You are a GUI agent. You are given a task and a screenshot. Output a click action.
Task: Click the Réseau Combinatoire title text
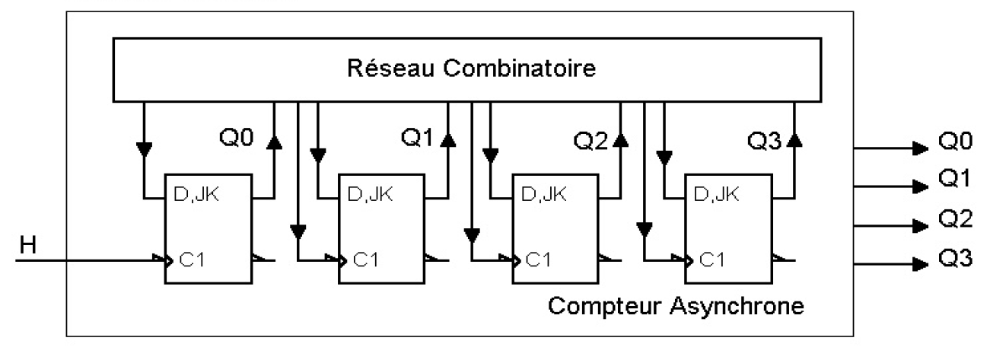471,68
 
